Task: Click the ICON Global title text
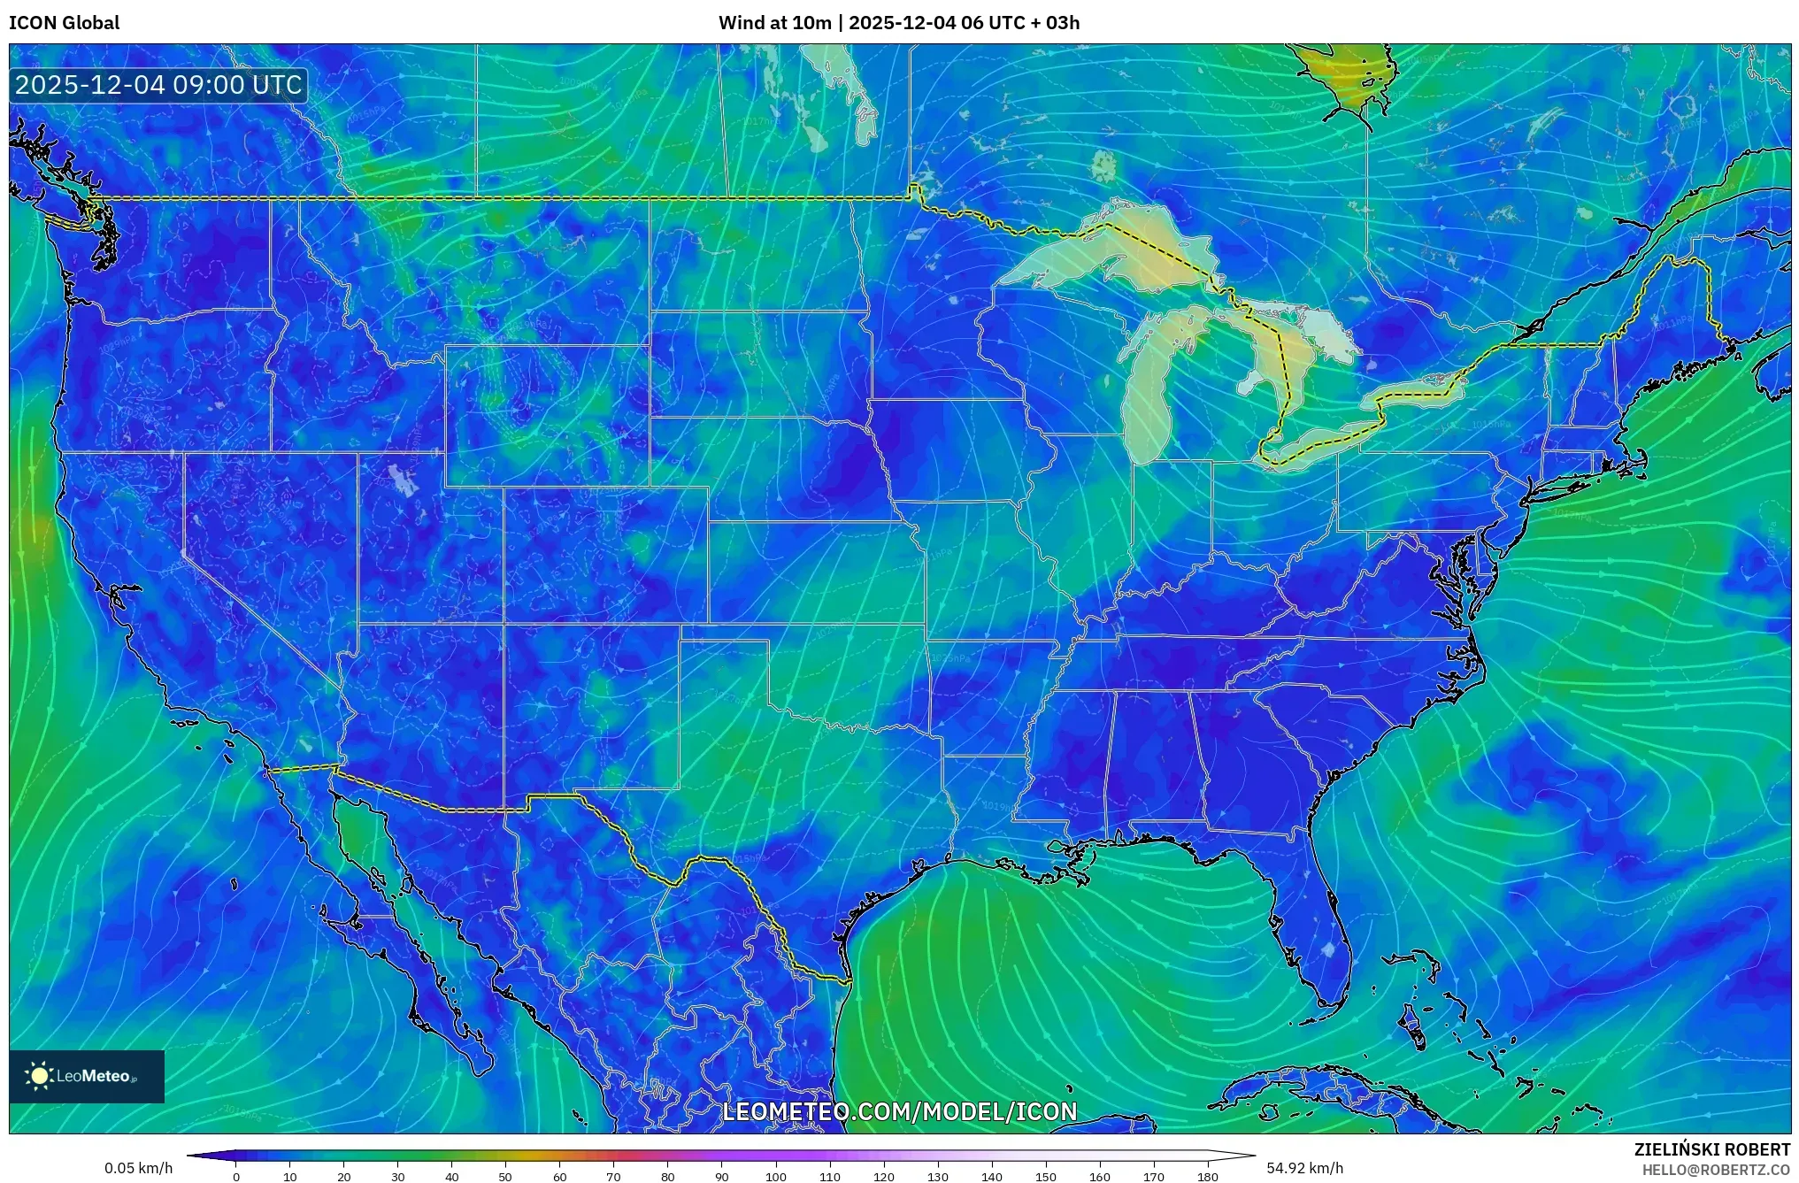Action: coord(64,23)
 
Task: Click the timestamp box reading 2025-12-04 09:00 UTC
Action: coord(159,85)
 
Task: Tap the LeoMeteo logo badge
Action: coord(87,1076)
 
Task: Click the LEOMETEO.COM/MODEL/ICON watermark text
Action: coord(899,1111)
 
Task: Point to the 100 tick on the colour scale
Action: coord(776,1176)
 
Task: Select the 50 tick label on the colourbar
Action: coord(505,1176)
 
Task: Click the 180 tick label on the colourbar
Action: coord(1208,1176)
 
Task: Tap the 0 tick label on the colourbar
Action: coord(236,1176)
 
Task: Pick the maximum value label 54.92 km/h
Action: coord(1304,1168)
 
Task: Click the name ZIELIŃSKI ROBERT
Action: coord(1711,1149)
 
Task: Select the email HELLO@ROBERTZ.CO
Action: coord(1716,1170)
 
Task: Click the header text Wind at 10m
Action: coord(774,23)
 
